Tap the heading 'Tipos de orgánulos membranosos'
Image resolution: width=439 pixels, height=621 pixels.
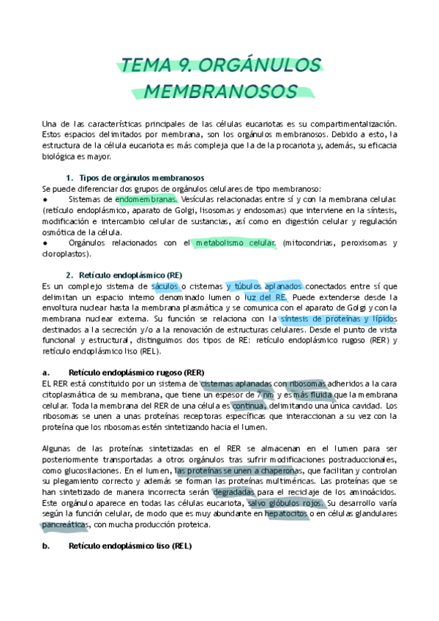[141, 178]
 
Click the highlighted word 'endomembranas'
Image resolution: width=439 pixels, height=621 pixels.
[146, 199]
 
